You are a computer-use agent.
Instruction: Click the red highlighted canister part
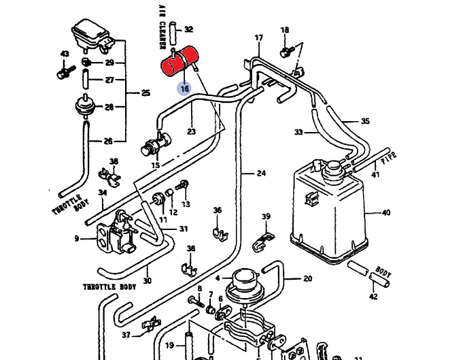[179, 61]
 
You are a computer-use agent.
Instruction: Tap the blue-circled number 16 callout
[184, 88]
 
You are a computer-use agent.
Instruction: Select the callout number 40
[386, 212]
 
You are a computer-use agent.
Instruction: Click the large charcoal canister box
[329, 212]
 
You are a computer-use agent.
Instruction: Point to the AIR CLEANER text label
[162, 27]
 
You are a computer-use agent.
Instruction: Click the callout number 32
[188, 29]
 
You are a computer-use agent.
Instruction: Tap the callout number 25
[145, 93]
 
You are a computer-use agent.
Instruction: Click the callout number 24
[261, 173]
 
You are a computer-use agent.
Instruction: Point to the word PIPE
[388, 158]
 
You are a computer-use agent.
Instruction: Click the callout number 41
[375, 174]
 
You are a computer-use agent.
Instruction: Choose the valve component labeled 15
[156, 144]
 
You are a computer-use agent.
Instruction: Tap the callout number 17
[258, 37]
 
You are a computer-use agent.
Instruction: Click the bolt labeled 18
[287, 52]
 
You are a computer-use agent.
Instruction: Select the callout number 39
[266, 216]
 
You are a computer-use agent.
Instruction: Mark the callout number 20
[308, 278]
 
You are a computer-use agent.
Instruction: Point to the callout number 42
[374, 296]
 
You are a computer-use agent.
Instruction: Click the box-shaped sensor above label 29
[92, 35]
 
